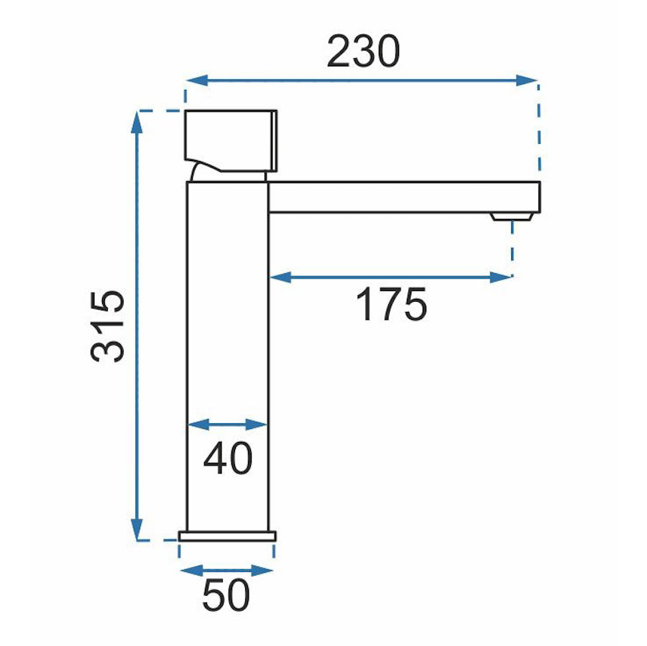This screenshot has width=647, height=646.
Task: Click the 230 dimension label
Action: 363,52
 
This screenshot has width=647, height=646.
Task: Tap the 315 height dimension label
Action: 107,327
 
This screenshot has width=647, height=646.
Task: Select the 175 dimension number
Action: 391,305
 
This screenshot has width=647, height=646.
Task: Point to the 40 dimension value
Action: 228,458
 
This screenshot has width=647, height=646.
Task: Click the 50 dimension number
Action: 226,595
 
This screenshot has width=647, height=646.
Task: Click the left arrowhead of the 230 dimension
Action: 196,80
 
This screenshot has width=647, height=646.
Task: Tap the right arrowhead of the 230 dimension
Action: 526,80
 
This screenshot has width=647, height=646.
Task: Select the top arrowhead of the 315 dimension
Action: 137,122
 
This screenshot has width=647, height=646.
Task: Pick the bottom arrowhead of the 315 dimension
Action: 137,530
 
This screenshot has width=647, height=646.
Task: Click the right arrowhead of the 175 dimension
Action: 501,277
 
